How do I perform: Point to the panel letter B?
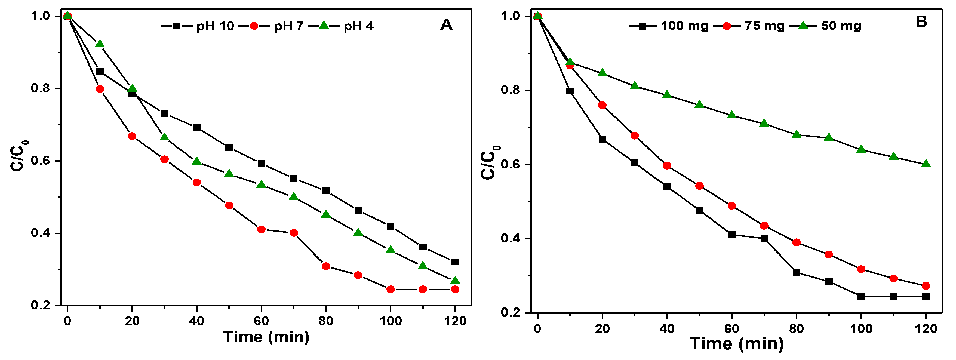point(921,22)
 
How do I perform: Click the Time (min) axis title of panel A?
point(266,337)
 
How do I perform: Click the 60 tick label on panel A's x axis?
point(261,321)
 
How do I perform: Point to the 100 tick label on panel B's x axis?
point(861,328)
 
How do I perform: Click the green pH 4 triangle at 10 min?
point(99,44)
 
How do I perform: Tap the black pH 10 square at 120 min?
point(455,262)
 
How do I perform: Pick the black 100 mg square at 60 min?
point(732,235)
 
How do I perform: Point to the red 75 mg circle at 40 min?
point(667,165)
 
